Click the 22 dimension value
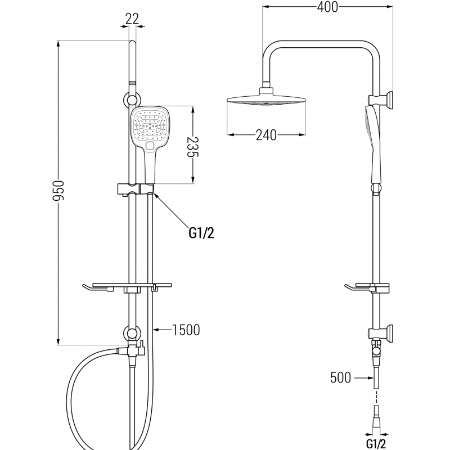click(x=132, y=19)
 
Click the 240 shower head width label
click(x=265, y=135)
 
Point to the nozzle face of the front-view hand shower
click(x=149, y=127)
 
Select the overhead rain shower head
click(x=266, y=102)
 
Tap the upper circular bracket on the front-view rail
click(x=132, y=100)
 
